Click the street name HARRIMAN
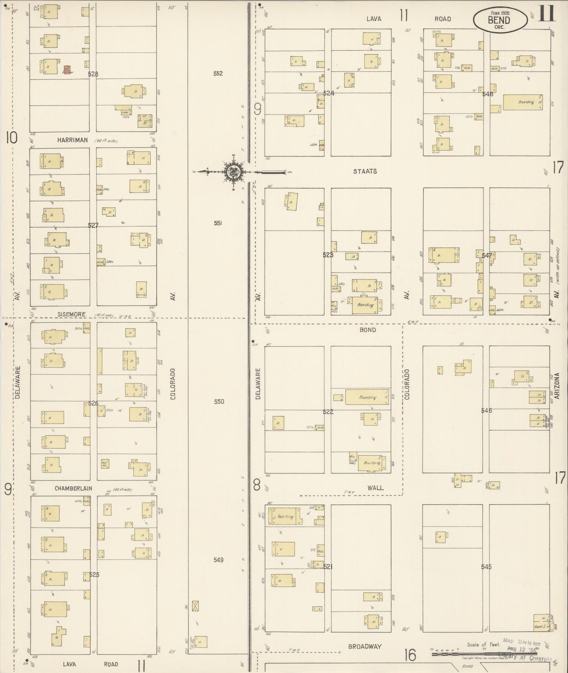pos(72,140)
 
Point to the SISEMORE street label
pos(72,314)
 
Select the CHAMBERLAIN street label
pos(73,488)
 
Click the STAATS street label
pos(365,171)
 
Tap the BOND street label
pos(368,330)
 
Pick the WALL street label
pos(375,488)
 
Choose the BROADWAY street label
pos(365,646)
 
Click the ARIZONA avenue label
pos(557,386)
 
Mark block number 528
pos(93,74)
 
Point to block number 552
pos(218,73)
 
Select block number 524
pos(329,93)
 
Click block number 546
pos(486,411)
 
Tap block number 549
pos(219,560)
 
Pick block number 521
pos(328,567)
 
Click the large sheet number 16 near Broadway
pos(410,655)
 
